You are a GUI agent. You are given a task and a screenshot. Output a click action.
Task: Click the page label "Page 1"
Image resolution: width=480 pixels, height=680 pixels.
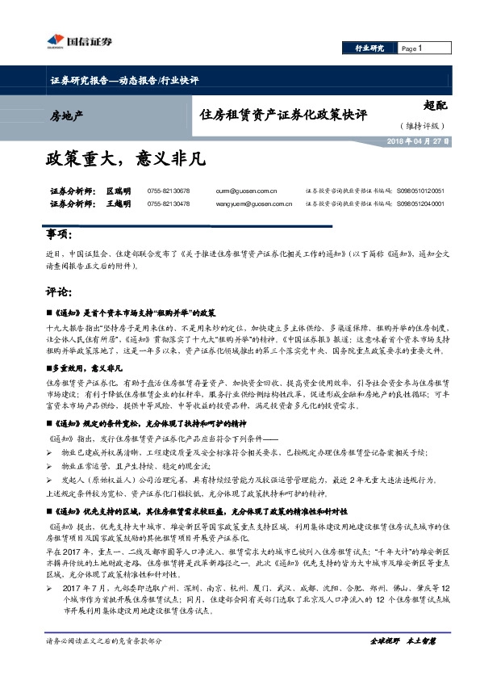[413, 49]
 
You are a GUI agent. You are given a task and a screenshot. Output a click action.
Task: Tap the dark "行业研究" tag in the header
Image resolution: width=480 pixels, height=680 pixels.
[369, 49]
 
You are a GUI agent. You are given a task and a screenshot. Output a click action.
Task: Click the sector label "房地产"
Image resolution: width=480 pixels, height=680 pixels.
[66, 118]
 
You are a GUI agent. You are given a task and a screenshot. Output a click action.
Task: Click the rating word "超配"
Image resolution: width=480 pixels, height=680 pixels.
[436, 105]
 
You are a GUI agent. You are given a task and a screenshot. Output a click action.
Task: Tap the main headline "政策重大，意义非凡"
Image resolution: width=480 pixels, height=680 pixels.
[125, 159]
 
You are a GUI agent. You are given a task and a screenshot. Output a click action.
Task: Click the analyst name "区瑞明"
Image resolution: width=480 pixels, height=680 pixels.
[119, 191]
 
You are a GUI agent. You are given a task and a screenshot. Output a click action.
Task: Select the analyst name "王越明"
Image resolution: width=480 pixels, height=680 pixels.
[119, 204]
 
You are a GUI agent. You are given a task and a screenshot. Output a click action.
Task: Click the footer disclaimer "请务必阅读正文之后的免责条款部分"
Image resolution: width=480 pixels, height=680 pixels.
[105, 641]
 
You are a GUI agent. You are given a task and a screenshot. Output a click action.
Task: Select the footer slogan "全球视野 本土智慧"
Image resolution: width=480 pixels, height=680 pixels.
[403, 641]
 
